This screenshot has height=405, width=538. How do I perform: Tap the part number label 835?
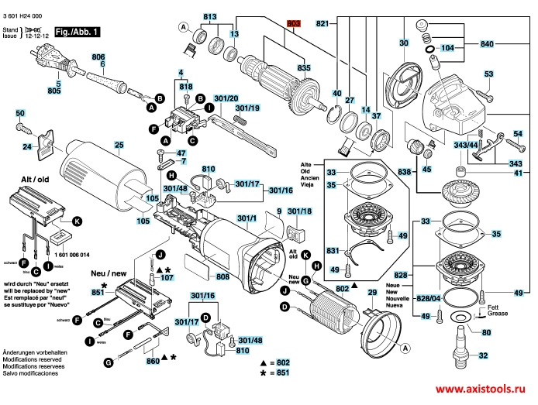[x=304, y=69]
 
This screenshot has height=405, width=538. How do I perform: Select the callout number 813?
[x=211, y=16]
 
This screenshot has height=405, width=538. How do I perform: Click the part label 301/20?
[x=226, y=98]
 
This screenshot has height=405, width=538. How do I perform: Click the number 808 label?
[x=222, y=276]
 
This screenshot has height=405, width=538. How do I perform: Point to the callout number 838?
[x=404, y=172]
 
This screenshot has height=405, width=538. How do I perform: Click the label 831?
[x=333, y=251]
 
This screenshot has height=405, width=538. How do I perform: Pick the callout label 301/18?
[x=299, y=211]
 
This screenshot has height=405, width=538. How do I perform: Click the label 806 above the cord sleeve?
[x=98, y=57]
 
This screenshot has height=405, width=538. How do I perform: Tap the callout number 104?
[x=447, y=48]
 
